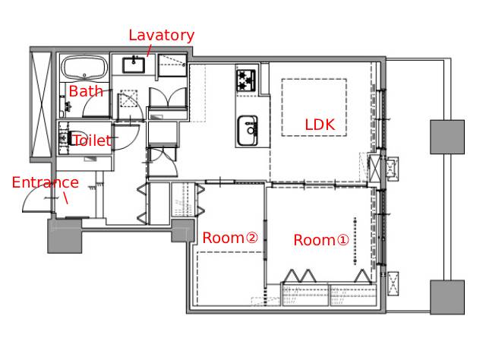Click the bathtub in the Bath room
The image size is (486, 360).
(84, 68)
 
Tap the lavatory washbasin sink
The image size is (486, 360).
(134, 65)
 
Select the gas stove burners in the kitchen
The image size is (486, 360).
(246, 81)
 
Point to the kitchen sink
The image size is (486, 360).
(248, 131)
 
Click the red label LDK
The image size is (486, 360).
(320, 125)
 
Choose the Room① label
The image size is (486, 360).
(321, 240)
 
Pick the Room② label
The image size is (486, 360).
(230, 238)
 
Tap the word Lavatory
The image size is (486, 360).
(162, 36)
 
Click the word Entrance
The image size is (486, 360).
(46, 182)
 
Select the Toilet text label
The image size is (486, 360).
(92, 141)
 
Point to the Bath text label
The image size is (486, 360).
(86, 91)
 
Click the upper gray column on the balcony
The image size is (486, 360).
(447, 137)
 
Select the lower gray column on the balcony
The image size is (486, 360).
(447, 297)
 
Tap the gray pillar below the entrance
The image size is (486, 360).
(65, 236)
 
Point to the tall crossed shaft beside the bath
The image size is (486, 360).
(42, 105)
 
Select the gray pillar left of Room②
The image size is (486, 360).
(183, 231)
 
